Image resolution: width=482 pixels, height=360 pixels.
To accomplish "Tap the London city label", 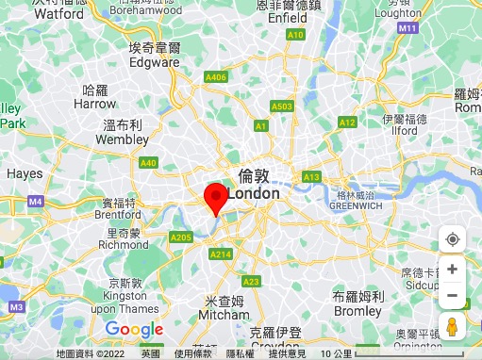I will pyautogui.click(x=254, y=193).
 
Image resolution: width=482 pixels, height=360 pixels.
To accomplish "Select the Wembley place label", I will pyautogui.click(x=123, y=139).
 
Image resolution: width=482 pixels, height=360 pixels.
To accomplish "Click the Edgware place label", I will pyautogui.click(x=154, y=62).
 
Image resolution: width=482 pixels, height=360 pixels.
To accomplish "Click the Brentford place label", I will pyautogui.click(x=119, y=214).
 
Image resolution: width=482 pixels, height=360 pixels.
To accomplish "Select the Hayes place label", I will pyautogui.click(x=25, y=173).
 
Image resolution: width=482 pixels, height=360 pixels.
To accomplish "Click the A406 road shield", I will pyautogui.click(x=216, y=76).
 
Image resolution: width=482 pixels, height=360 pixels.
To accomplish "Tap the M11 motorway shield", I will pyautogui.click(x=407, y=29).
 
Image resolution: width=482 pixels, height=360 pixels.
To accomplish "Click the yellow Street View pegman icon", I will pyautogui.click(x=452, y=327).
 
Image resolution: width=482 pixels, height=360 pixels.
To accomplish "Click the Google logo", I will pyautogui.click(x=134, y=329).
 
